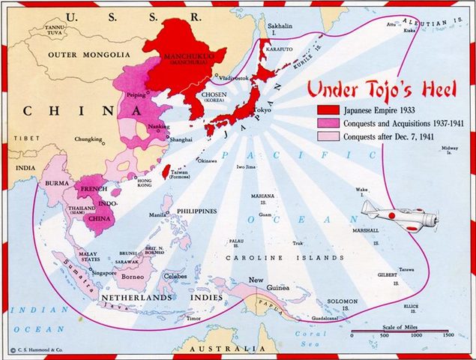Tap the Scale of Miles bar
click(400, 330)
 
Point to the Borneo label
click(135, 277)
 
